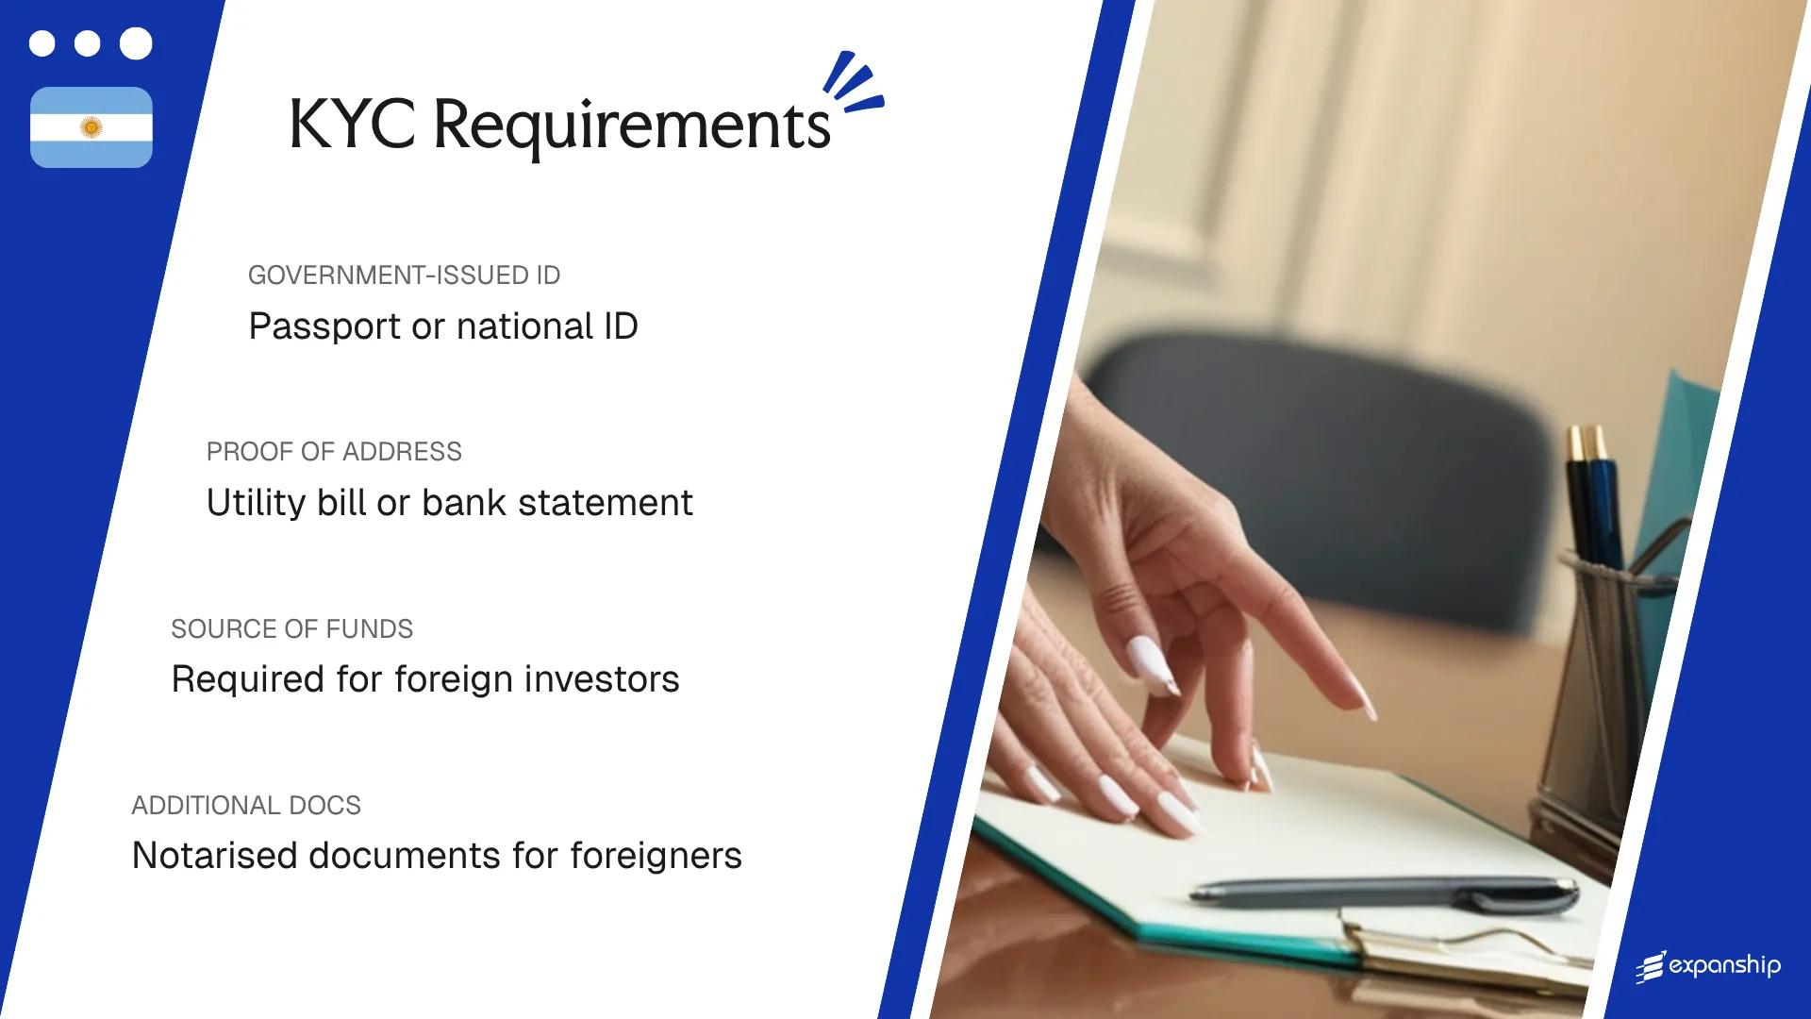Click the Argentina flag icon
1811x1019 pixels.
[91, 127]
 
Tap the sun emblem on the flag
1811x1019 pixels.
[91, 127]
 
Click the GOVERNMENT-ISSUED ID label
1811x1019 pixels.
[404, 276]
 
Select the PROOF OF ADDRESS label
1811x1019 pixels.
[334, 452]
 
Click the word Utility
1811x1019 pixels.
[256, 503]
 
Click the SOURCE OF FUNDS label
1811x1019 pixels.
[291, 629]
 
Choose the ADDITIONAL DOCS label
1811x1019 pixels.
[246, 806]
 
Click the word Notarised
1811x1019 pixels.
[214, 856]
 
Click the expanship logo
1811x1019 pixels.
[1708, 966]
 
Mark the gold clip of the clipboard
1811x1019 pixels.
[1471, 948]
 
